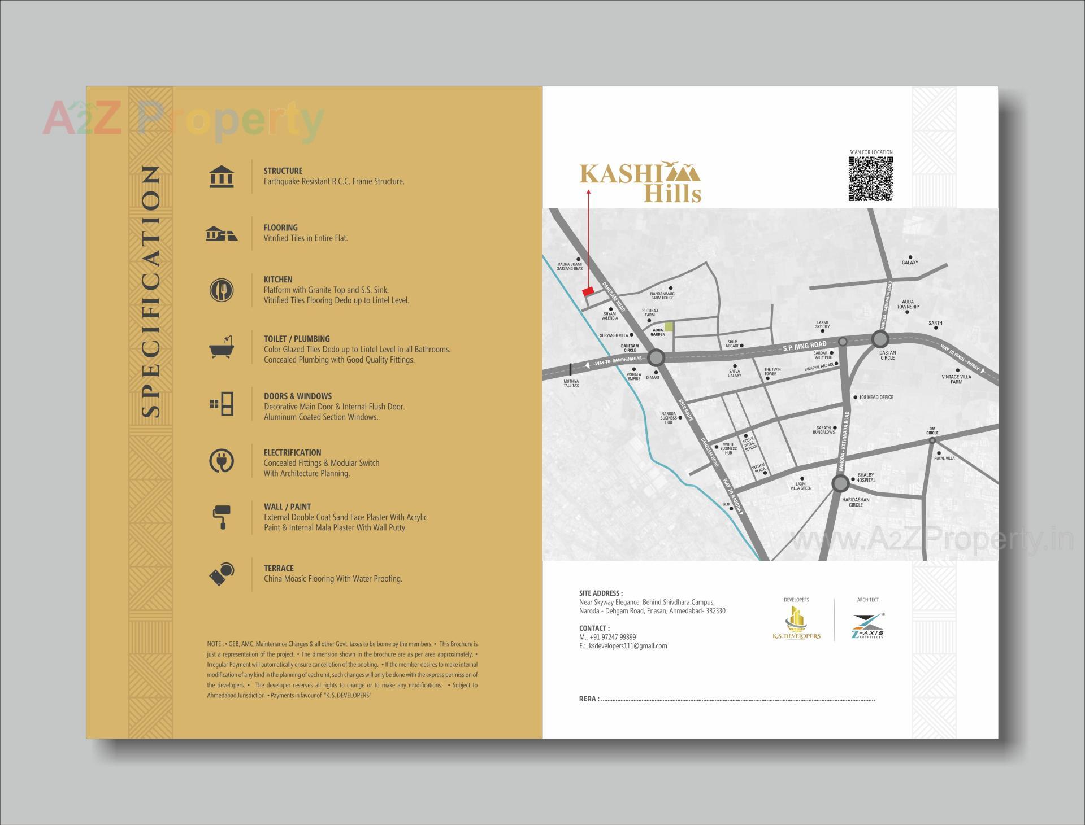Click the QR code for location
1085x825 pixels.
pos(871,179)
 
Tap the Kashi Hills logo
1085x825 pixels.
pos(640,182)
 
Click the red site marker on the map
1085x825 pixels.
pos(588,291)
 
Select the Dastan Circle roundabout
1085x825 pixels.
pos(880,339)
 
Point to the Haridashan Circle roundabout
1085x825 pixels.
pos(840,483)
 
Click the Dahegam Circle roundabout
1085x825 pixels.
pos(656,357)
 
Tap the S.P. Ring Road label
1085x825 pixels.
pos(805,346)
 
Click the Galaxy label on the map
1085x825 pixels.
pos(910,263)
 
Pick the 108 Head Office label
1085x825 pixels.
pos(876,398)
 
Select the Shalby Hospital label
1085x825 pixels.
pos(866,478)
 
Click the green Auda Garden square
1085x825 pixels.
pos(669,326)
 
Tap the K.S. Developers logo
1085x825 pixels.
pos(796,623)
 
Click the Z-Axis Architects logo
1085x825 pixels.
pos(867,626)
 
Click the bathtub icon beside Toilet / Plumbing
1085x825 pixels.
pos(222,348)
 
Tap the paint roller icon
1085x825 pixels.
pos(221,517)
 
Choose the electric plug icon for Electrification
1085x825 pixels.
pos(221,461)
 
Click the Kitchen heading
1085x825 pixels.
pos(278,280)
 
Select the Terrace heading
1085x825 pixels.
pos(279,568)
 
